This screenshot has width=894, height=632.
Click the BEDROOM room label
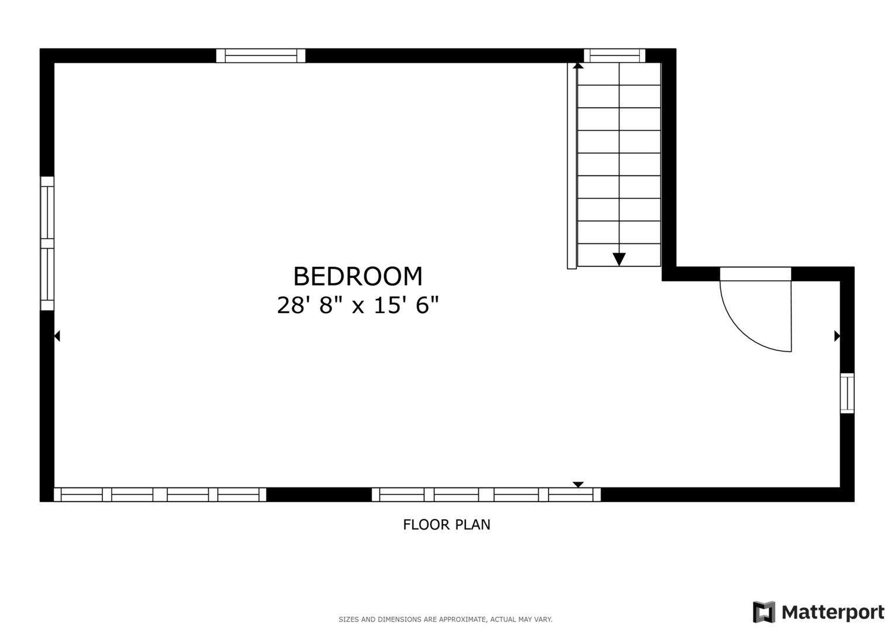pos(357,276)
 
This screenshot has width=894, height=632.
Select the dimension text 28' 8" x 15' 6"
pos(357,305)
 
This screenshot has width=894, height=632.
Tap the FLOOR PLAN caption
pos(446,524)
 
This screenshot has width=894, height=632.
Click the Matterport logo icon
pos(763,612)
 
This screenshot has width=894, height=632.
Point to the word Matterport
pos(833,613)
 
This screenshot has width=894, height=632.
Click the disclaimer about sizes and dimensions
pos(445,619)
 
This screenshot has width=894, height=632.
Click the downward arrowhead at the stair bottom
pos(619,259)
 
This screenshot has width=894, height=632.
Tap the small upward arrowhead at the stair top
pos(578,66)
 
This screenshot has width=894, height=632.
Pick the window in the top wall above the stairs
pos(614,56)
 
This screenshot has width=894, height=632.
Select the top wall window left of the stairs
pos(261,56)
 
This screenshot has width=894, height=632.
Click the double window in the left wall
pos(47,243)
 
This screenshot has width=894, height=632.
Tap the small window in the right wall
pos(847,393)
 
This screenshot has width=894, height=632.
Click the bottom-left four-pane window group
pos(160,494)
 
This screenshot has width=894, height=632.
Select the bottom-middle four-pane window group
pos(486,494)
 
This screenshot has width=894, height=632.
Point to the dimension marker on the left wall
pos(57,336)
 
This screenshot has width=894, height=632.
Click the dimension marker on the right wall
pos(837,336)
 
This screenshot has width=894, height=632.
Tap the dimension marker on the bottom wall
pos(578,485)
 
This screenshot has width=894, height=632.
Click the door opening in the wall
pos(755,274)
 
